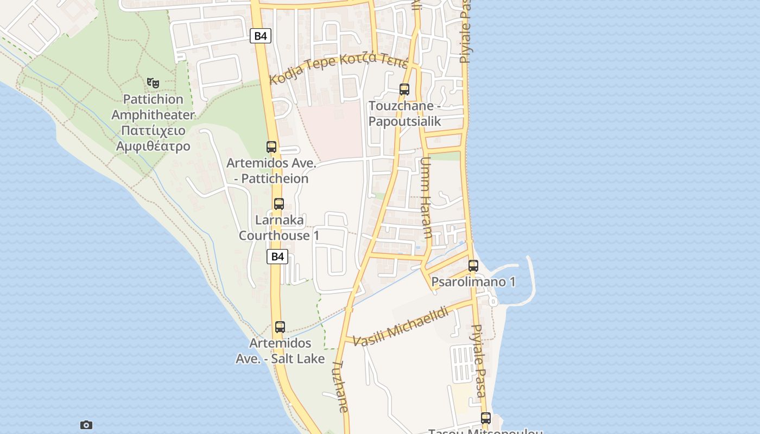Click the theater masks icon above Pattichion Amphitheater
pos(153,83)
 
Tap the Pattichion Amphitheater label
pos(153,107)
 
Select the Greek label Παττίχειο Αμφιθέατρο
pos(153,138)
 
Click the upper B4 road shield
pos(261,36)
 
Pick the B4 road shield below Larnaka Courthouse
pos(277,257)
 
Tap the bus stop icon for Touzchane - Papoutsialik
pos(404,90)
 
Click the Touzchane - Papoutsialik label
pos(404,113)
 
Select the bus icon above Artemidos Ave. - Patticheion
pos(271,146)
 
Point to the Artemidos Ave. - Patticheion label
pos(271,170)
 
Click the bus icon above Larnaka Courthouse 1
pos(279,204)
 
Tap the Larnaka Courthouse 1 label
pos(279,228)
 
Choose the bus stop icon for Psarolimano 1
pos(473,266)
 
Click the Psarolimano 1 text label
pos(473,282)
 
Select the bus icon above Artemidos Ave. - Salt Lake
pos(280,327)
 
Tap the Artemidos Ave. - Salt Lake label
pos(280,350)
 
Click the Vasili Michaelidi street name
pos(401,326)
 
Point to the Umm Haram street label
pos(427,198)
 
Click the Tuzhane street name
pos(340,387)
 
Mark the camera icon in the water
pos(86,425)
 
